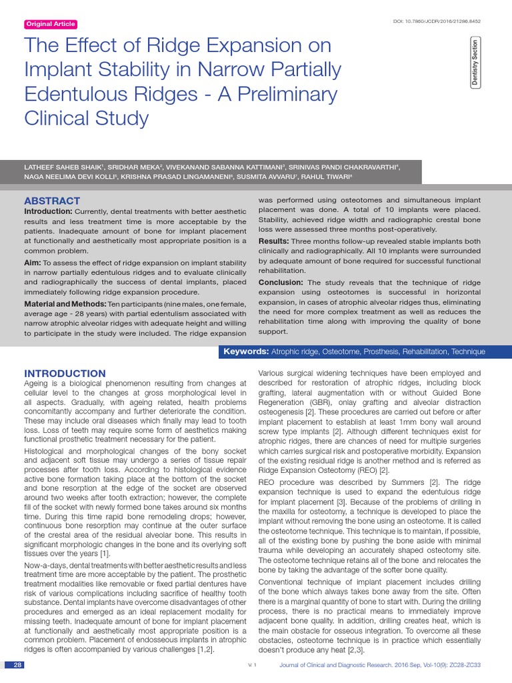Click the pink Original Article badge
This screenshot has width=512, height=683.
[51, 25]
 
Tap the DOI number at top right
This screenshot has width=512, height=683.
[438, 21]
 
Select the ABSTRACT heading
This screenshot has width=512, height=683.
[52, 201]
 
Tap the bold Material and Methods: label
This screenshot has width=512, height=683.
[65, 304]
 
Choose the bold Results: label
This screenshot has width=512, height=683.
[273, 241]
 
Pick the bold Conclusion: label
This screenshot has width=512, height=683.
[281, 282]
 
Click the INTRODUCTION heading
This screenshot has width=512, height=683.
[65, 374]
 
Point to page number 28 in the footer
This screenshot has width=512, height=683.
[18, 665]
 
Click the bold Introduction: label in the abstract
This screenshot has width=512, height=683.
[49, 211]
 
